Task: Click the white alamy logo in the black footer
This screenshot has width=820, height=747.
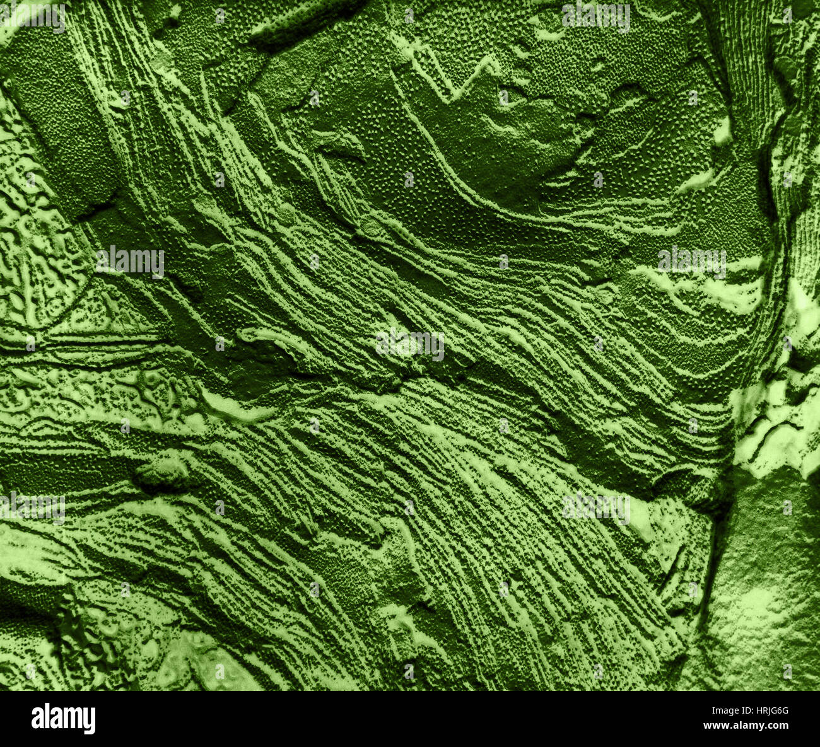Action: point(63,719)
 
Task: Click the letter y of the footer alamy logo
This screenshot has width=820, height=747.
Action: point(90,720)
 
